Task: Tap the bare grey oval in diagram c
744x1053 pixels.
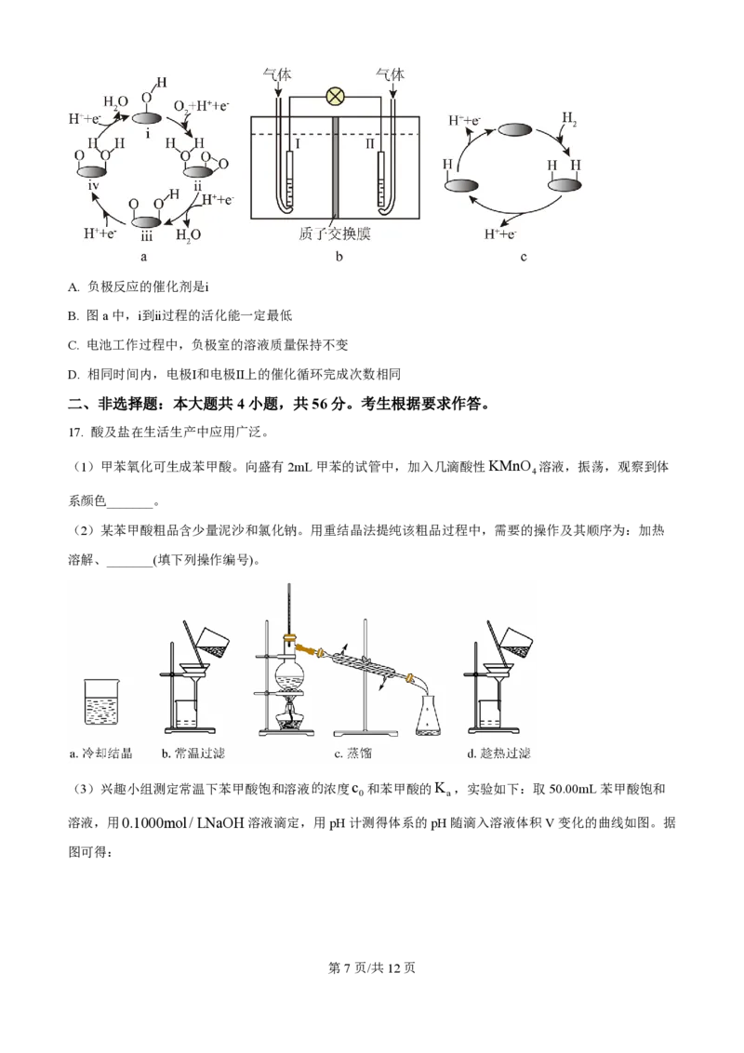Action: coord(513,130)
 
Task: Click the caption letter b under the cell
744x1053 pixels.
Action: coord(339,256)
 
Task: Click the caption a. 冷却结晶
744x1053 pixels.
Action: coord(100,753)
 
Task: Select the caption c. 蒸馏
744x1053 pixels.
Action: coord(353,753)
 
